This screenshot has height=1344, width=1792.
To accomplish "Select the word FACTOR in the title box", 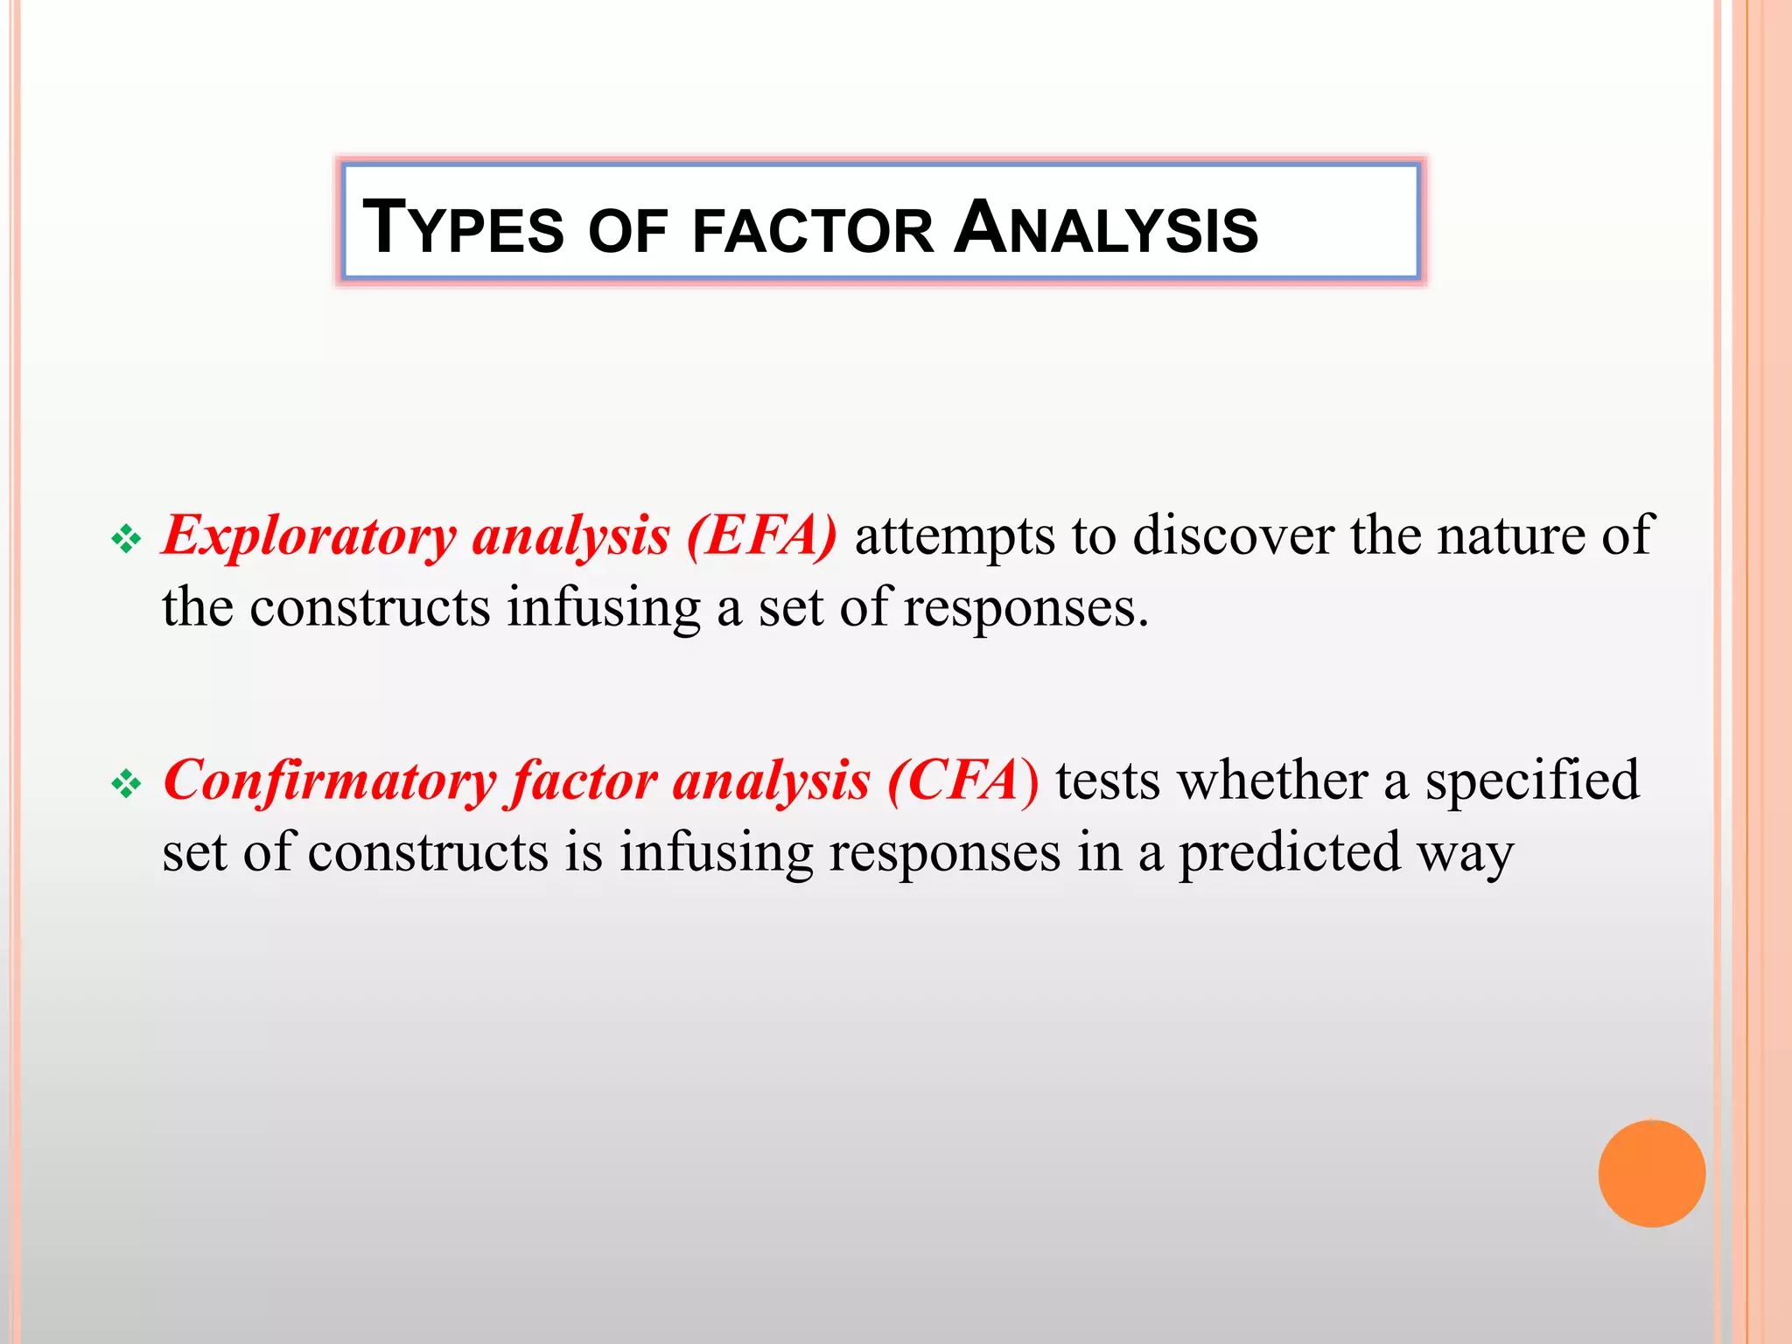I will (813, 231).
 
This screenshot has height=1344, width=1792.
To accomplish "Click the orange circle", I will (1651, 1173).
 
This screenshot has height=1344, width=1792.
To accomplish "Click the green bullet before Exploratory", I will (126, 539).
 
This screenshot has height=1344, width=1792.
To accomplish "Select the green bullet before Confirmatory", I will (126, 784).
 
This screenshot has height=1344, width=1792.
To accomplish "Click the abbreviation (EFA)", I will (761, 535).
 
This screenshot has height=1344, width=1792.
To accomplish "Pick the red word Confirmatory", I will (330, 780).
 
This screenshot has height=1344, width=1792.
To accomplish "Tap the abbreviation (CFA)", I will (962, 780).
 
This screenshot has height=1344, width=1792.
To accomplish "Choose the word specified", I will (1532, 781).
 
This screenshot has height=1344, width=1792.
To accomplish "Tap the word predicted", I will (1290, 853).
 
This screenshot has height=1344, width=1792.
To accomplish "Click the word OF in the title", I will (627, 231).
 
